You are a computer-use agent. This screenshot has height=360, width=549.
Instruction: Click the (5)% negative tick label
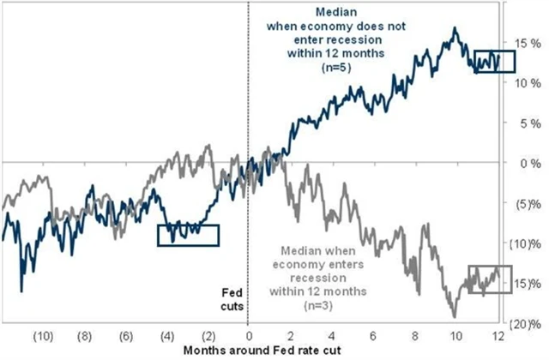(x=530, y=203)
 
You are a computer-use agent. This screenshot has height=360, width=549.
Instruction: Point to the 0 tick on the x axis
(x=249, y=337)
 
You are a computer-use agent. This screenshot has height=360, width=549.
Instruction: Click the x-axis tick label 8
(x=415, y=337)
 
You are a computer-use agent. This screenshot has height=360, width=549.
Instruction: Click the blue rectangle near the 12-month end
(x=494, y=61)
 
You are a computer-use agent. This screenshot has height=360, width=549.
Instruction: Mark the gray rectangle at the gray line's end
(x=490, y=280)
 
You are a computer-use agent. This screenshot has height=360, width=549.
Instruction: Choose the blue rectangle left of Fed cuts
(x=188, y=235)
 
